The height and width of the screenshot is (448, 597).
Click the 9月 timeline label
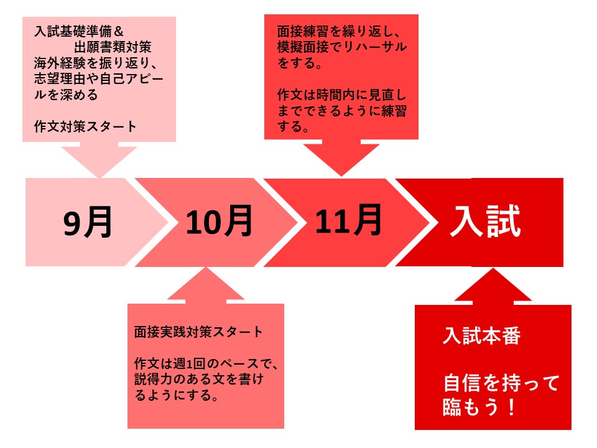tap(88, 222)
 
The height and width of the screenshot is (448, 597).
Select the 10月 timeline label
tap(219, 221)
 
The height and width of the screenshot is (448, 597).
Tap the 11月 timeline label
tap(348, 220)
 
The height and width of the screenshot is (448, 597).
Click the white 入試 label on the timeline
tap(485, 221)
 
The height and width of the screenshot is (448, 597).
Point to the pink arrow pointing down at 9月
tap(99, 159)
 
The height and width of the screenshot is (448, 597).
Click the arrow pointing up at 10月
tap(206, 286)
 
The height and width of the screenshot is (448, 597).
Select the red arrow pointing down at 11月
tap(341, 157)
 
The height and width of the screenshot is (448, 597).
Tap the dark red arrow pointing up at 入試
tap(493, 286)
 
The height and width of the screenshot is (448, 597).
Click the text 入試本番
tap(481, 336)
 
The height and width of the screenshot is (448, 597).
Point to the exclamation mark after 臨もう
tap(511, 407)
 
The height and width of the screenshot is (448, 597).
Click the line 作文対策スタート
tap(85, 126)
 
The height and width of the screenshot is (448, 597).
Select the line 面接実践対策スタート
tap(198, 332)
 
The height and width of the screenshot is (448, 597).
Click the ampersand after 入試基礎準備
tap(118, 31)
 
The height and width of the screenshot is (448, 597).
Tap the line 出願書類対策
tap(113, 47)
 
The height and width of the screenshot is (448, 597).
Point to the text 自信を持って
tap(501, 383)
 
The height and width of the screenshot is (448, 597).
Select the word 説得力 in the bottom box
tap(154, 380)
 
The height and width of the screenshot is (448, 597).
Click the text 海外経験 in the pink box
tap(60, 63)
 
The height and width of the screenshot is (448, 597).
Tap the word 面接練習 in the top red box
tap(303, 31)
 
